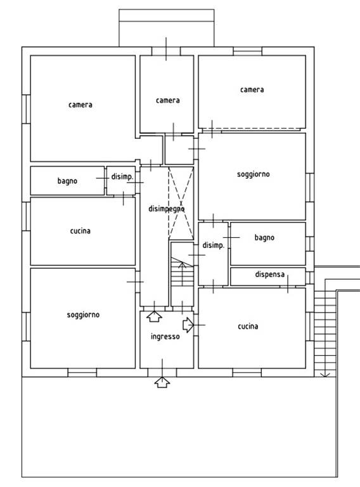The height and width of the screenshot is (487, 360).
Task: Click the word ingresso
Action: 165,337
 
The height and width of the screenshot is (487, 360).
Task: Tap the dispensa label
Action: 270,275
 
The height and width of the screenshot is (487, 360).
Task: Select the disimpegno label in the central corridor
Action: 166,209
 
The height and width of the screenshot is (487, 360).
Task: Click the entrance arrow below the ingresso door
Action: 162,382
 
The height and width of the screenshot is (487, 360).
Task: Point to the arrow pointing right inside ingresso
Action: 188,325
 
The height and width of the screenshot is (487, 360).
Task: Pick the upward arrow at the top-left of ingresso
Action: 154,316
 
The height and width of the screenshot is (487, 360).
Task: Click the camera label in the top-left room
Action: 80,105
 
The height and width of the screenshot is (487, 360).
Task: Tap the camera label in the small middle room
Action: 167,100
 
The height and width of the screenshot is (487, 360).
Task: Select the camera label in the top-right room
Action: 252,90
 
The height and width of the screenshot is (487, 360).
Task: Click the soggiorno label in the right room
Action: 254,174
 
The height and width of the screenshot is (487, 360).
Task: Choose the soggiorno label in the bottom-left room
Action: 83,315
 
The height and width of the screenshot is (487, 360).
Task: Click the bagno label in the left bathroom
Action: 67,181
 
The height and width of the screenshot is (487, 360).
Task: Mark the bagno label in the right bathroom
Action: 264,238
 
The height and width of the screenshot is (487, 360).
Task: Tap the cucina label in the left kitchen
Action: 80,231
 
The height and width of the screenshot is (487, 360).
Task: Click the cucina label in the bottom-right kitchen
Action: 248,326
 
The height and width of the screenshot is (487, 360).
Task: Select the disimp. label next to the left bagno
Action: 122,177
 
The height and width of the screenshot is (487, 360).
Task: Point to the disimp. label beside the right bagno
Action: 213,245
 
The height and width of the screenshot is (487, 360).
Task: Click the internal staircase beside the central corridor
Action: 182,274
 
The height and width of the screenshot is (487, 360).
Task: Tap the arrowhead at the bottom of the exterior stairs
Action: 325,375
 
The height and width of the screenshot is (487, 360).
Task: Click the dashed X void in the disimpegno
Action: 181,203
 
